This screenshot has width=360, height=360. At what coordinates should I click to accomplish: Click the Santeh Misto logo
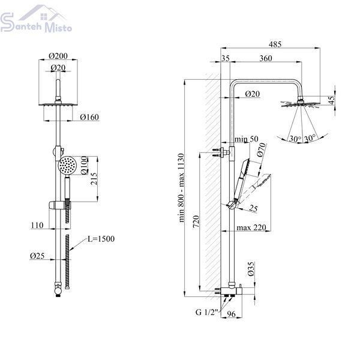point(36,19)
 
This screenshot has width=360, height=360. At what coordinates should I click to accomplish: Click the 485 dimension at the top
point(275,44)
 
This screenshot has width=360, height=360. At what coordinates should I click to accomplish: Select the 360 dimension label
point(266,58)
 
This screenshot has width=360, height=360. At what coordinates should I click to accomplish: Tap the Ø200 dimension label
point(58,56)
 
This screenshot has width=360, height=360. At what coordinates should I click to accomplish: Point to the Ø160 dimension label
point(89,117)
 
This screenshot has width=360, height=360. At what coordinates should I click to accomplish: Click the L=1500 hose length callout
point(101,239)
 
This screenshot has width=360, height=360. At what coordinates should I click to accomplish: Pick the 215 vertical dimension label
point(94,179)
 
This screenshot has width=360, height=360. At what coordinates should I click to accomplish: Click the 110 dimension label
point(37,225)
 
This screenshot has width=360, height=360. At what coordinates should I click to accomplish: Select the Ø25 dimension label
point(37,256)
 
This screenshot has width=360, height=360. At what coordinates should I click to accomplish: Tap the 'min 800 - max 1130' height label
point(181,188)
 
